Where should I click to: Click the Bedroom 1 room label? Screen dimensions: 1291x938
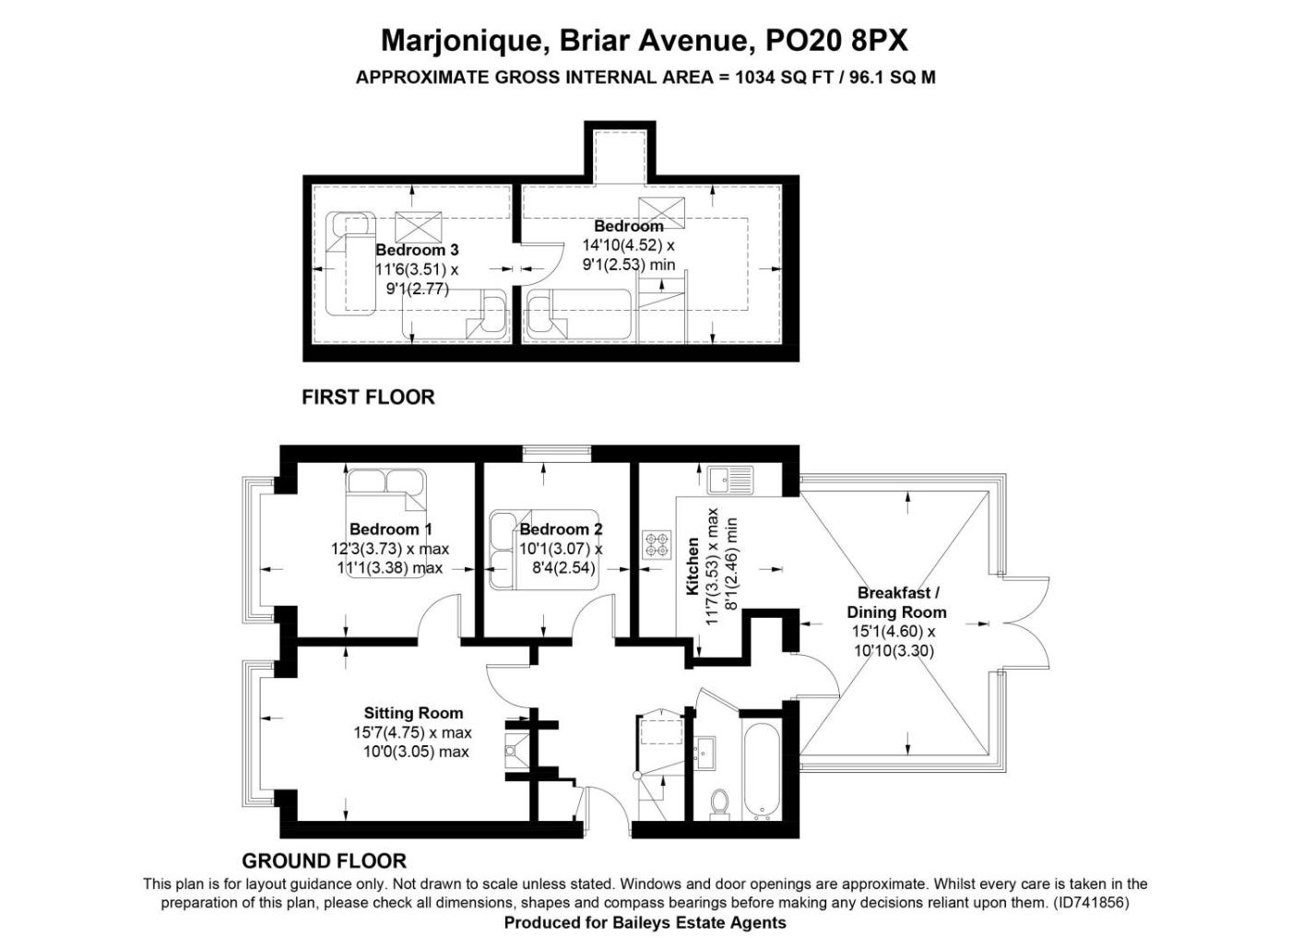coord(390,528)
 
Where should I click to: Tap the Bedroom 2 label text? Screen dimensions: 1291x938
coord(561,528)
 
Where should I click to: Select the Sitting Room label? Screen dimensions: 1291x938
coord(413,713)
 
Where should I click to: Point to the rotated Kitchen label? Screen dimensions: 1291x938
coord(693,566)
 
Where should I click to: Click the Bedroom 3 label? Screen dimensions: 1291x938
coord(417,250)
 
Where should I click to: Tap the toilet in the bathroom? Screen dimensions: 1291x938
coord(718,803)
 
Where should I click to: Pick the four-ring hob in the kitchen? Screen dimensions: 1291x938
coord(657,545)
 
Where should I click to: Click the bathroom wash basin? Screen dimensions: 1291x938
coord(705,753)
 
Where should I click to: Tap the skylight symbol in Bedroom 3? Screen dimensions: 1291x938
coord(419,227)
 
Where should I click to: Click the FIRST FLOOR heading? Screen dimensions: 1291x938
coord(368,398)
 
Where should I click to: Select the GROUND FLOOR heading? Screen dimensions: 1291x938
coord(324,861)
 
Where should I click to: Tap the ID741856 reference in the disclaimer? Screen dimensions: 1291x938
coord(1089,902)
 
